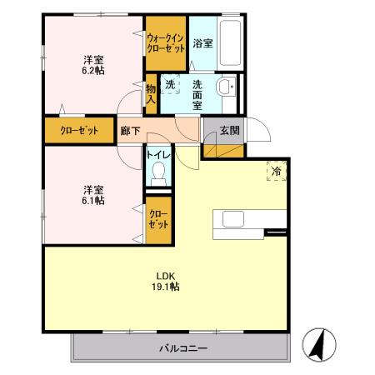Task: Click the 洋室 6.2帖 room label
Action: pyautogui.click(x=92, y=64)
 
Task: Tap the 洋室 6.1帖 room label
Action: pyautogui.click(x=92, y=194)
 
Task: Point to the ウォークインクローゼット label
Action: pyautogui.click(x=166, y=42)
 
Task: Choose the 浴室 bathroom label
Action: pyautogui.click(x=202, y=42)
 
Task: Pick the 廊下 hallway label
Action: pyautogui.click(x=129, y=130)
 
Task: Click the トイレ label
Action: pyautogui.click(x=158, y=155)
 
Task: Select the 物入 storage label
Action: pyautogui.click(x=151, y=92)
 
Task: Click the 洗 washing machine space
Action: pyautogui.click(x=170, y=84)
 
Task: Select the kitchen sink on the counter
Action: pyautogui.click(x=232, y=218)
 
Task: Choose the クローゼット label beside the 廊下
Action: pyautogui.click(x=78, y=130)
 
